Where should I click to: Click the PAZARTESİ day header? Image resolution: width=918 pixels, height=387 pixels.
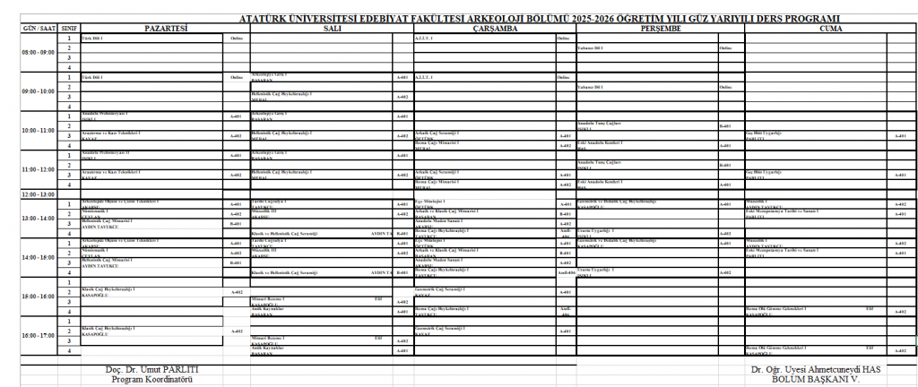click(165, 29)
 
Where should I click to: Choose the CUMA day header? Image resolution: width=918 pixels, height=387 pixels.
click(830, 29)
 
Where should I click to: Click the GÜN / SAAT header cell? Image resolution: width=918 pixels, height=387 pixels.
click(39, 29)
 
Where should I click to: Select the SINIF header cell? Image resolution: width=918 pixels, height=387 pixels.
click(68, 29)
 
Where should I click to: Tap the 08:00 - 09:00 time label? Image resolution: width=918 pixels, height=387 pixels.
click(39, 53)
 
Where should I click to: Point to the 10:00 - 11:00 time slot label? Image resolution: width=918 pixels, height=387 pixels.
click(39, 130)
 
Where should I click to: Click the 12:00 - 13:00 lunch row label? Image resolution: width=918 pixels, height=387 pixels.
click(39, 193)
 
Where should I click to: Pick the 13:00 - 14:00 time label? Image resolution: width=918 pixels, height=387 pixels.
click(39, 218)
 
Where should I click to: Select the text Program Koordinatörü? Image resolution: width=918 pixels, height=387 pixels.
click(152, 379)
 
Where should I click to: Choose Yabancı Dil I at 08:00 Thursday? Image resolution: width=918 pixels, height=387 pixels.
click(593, 48)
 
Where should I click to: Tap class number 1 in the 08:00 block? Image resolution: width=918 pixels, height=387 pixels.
click(68, 39)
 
